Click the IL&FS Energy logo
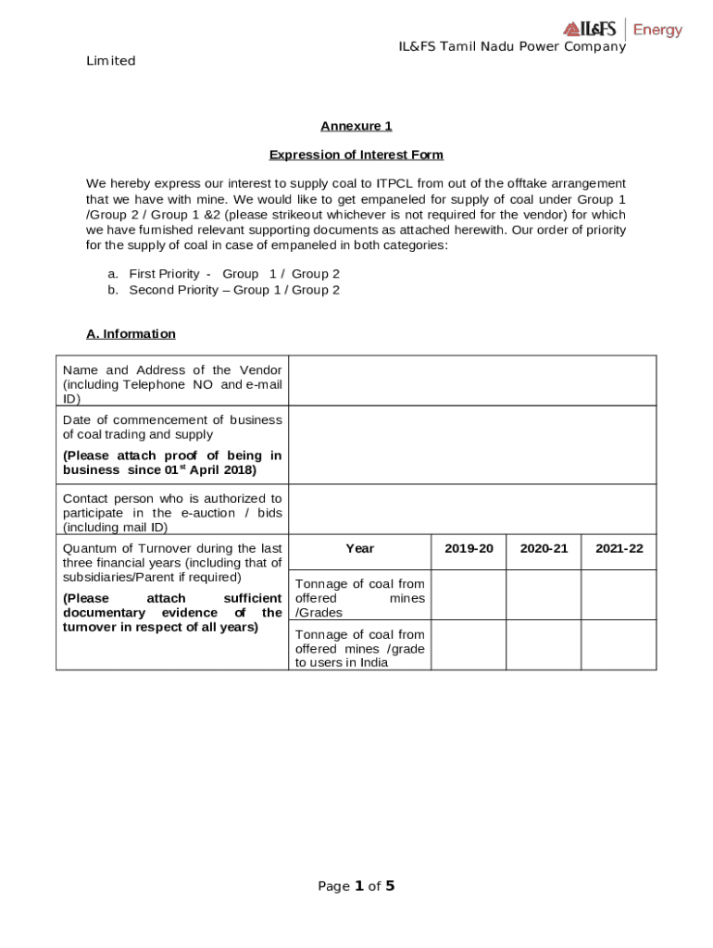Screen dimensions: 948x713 point(622,29)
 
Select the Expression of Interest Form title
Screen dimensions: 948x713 point(356,155)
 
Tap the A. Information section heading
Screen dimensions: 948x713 point(131,333)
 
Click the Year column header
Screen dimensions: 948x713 point(359,549)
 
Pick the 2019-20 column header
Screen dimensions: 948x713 point(469,549)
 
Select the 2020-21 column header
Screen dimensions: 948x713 point(544,549)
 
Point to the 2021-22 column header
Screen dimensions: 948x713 point(619,549)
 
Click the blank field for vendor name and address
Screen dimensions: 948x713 point(472,380)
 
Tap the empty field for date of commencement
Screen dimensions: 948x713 point(472,445)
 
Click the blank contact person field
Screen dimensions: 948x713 point(472,509)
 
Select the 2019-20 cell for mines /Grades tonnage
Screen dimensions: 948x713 point(469,595)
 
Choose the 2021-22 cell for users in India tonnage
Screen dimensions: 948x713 point(619,645)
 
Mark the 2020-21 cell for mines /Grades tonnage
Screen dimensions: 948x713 point(544,595)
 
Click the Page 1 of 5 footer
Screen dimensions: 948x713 point(356,886)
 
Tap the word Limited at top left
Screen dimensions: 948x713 point(111,61)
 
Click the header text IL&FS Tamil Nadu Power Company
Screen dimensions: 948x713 point(512,46)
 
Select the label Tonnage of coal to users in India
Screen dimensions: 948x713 point(359,648)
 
